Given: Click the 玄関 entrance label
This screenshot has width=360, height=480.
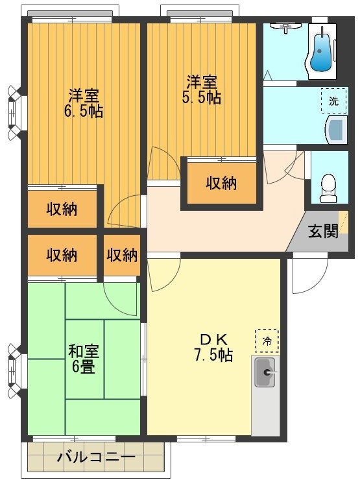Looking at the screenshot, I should pyautogui.click(x=322, y=232).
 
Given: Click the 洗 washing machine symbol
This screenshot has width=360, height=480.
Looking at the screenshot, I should pyautogui.click(x=333, y=101).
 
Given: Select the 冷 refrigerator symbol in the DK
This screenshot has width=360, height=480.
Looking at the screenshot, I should pyautogui.click(x=267, y=340).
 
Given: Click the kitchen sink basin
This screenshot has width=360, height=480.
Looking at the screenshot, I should pyautogui.click(x=265, y=373).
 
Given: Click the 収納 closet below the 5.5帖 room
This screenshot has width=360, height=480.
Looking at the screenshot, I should pyautogui.click(x=221, y=183).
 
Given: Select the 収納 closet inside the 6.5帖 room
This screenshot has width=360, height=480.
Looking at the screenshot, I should pyautogui.click(x=62, y=209).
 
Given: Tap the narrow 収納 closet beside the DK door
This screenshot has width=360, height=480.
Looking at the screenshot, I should pyautogui.click(x=122, y=255).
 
